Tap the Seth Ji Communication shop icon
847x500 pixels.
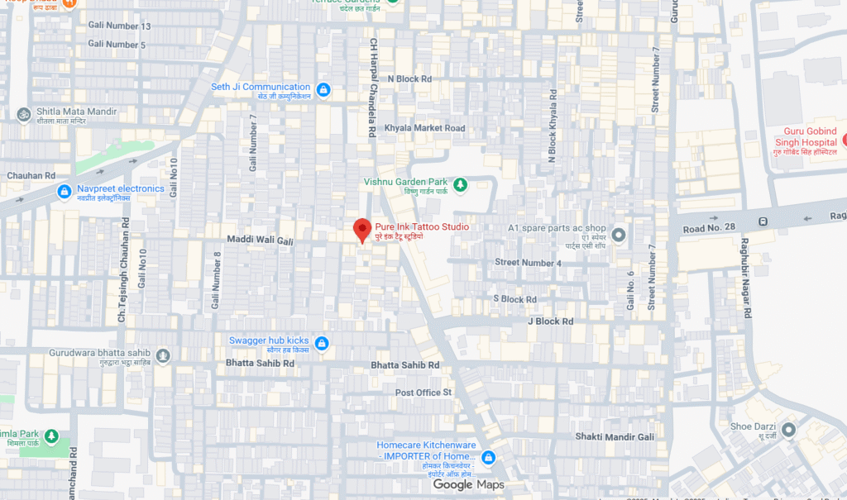coord(323,89)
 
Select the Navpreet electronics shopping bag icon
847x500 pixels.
coord(65,192)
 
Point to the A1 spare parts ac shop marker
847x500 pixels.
coord(618,236)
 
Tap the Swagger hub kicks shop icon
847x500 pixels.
coord(322,343)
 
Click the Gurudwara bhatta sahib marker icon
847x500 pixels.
coord(164,356)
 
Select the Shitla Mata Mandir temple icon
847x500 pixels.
coord(24,114)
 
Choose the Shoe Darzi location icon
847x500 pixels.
coord(788,430)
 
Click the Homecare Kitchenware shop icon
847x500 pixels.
coord(488,457)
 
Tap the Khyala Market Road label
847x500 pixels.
coord(425,128)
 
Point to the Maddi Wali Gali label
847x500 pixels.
coord(261,240)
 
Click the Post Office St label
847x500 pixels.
coord(423,392)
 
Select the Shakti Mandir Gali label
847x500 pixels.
coord(615,436)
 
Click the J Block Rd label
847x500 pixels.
coord(550,321)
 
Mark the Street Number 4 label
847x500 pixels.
coord(529,263)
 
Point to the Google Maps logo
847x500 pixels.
coord(468,485)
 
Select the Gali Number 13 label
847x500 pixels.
coord(119,26)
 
